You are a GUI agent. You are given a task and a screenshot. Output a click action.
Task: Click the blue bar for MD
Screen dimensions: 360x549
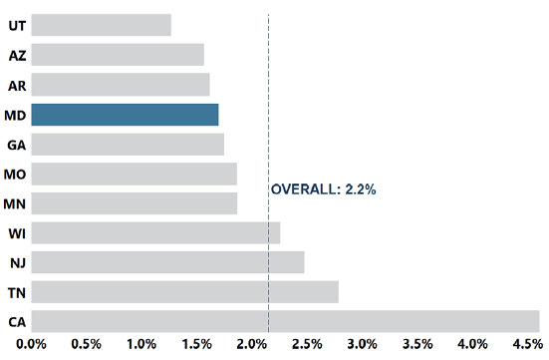coord(125,115)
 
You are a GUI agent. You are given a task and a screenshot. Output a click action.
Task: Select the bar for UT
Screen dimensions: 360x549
coord(101,25)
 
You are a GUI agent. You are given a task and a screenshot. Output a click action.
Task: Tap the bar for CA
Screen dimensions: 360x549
coord(285,321)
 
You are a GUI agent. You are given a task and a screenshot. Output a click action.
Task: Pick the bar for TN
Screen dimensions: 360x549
coord(184,291)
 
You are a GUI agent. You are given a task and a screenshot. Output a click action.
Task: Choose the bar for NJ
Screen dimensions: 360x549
coord(167,262)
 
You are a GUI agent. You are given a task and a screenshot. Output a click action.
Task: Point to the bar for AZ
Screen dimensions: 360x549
coord(118,55)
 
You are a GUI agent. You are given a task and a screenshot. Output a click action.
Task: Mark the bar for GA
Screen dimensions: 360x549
coord(128,145)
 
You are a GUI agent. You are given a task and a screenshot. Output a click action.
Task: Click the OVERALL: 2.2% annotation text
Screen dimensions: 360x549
coord(324,188)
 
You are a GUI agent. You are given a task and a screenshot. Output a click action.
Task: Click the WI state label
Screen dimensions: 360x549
coord(17,233)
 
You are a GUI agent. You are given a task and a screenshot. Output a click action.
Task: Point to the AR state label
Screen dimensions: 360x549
coord(17,85)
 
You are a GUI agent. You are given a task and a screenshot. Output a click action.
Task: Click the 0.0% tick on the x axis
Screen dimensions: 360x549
coord(32,345)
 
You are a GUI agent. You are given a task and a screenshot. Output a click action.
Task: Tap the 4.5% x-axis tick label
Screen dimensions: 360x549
coord(526,345)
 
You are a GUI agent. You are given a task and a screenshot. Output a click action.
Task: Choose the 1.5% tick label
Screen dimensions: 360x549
coord(196,345)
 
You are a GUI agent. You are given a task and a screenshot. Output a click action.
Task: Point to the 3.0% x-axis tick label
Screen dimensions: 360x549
coord(362,345)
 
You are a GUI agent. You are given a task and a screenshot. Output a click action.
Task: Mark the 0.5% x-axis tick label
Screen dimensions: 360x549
coord(87,345)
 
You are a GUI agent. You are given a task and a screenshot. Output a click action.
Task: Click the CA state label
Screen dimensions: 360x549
coord(17,322)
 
